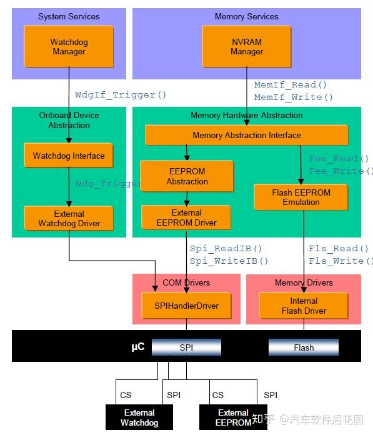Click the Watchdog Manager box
pos(69,47)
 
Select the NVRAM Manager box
pos(246,47)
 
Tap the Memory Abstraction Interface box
pos(246,135)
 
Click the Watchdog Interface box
pos(69,156)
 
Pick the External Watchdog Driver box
pos(69,219)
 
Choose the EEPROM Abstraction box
pos(187,176)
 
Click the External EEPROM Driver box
pos(186,217)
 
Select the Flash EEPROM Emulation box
pos(301,197)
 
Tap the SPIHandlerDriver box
pos(186,306)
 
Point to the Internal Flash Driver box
pos(304,306)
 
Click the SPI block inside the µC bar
pos(186,347)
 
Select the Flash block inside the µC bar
pos(304,347)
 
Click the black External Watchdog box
pos(139,417)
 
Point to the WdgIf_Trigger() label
pos(121,95)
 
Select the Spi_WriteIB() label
pos(229,261)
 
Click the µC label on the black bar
pos(137,346)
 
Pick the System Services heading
pos(69,16)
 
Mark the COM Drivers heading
pos(186,282)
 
